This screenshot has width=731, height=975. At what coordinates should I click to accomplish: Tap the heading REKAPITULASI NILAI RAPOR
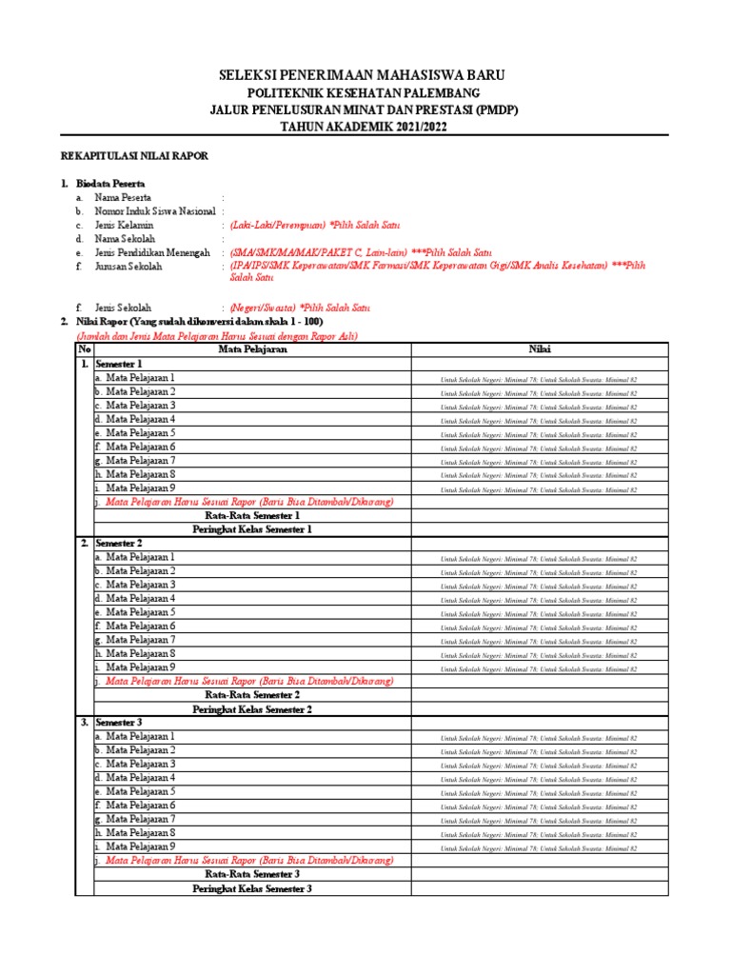click(x=134, y=155)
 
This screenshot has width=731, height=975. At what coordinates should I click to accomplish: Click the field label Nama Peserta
click(x=130, y=197)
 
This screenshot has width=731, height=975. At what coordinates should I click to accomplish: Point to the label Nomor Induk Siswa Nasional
click(x=154, y=211)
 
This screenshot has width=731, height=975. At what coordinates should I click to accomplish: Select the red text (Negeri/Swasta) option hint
click(x=264, y=308)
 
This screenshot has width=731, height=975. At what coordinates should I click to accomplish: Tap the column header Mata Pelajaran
click(x=252, y=349)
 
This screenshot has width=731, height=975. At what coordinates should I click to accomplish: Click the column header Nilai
click(x=539, y=349)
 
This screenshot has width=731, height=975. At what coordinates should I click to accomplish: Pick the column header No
click(x=84, y=349)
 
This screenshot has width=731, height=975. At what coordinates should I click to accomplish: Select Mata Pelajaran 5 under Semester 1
click(x=140, y=432)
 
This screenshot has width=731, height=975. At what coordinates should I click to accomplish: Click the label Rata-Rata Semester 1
click(x=252, y=515)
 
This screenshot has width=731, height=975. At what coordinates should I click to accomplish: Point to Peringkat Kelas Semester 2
click(x=252, y=708)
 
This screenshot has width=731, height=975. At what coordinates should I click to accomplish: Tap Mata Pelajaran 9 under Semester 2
click(x=140, y=667)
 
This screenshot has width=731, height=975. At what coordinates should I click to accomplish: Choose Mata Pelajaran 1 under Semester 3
click(x=140, y=736)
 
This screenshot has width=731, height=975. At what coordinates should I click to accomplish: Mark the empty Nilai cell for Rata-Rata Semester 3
click(x=539, y=874)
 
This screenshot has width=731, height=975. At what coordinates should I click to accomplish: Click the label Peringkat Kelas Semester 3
click(x=252, y=888)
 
